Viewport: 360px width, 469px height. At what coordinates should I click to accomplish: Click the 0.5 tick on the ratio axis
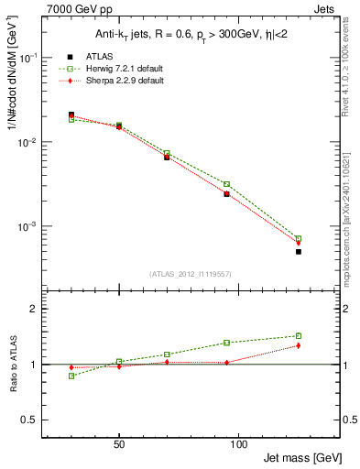pos(32,420)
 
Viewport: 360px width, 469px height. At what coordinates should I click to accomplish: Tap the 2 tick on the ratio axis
pos(36,309)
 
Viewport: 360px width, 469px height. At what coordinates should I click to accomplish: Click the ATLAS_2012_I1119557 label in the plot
pos(190,274)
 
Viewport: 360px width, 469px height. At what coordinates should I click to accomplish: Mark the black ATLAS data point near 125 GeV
pos(298,251)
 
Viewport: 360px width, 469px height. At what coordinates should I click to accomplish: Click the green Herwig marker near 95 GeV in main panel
pos(226,184)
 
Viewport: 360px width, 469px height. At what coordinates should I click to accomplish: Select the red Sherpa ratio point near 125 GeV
pos(298,345)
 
